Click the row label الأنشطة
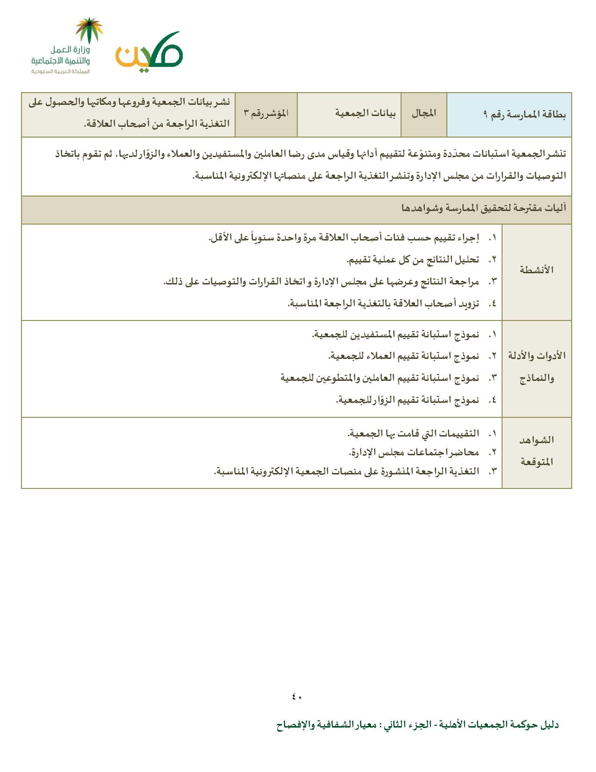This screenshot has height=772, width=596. (x=537, y=270)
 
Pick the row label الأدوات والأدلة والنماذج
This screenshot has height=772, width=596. (x=537, y=367)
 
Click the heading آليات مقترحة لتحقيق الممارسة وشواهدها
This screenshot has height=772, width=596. (x=483, y=208)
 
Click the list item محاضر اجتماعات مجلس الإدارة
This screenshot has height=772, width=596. (x=414, y=452)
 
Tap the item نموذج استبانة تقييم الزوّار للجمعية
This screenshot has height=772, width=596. (x=407, y=400)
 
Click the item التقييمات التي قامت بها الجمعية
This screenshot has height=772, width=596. (x=413, y=434)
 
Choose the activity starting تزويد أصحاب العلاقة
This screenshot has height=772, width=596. (x=383, y=304)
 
